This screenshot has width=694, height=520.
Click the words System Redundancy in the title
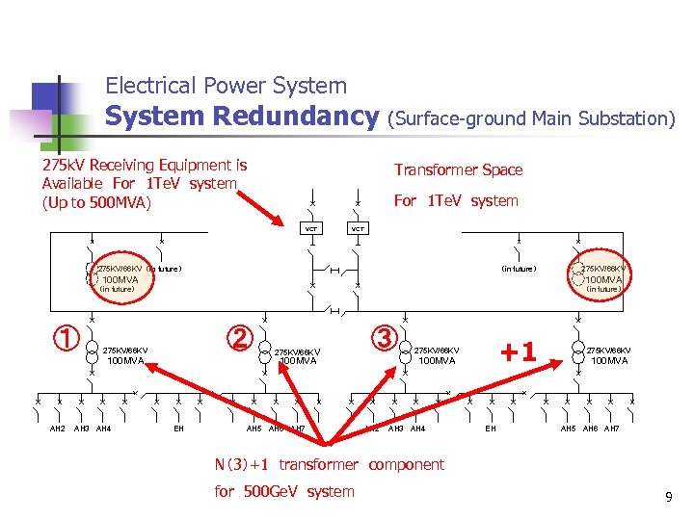point(242,117)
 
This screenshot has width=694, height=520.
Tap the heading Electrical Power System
point(226,86)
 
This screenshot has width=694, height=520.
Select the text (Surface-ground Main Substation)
point(531,118)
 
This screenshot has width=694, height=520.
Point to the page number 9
point(668,497)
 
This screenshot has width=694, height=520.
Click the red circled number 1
point(65,338)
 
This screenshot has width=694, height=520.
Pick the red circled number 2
point(239,338)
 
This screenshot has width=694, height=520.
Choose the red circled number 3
point(385,338)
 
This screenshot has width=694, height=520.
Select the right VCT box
point(357,229)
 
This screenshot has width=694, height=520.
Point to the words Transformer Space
point(459,170)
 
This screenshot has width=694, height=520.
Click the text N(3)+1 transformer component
point(329,464)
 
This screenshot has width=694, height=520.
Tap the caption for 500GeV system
point(284,491)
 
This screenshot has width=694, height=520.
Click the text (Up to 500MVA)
point(96,202)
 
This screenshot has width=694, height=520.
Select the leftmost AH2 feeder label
point(58,428)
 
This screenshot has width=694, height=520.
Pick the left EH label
point(178,428)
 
